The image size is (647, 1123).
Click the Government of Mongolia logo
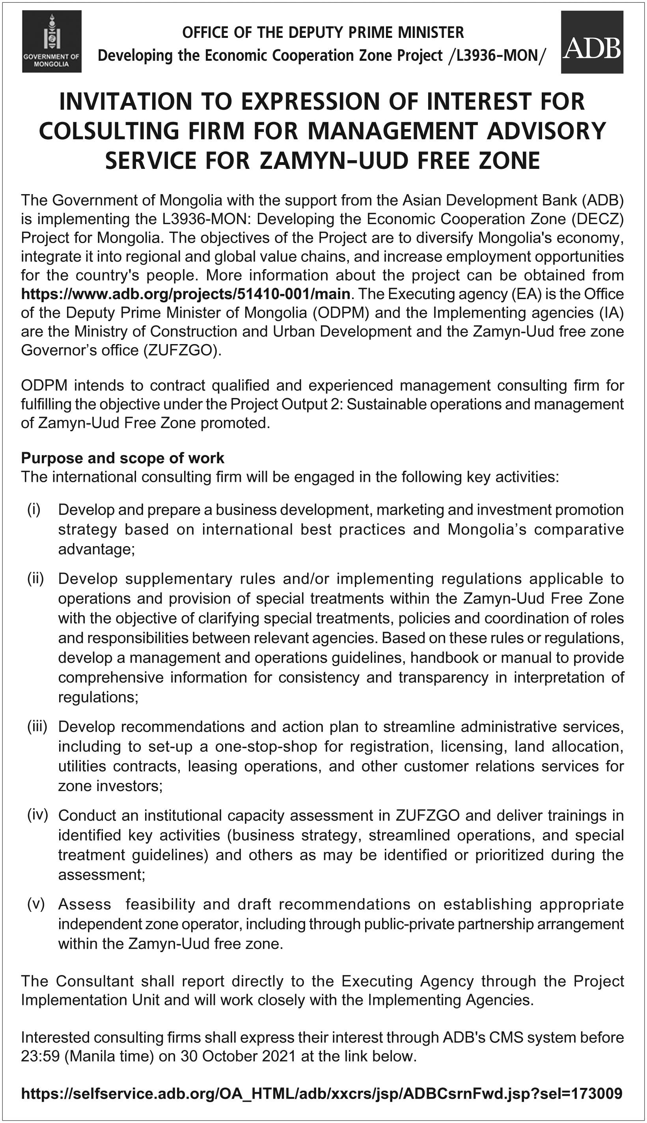click(52, 41)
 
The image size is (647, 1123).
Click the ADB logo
click(591, 42)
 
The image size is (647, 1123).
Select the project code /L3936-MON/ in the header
click(496, 56)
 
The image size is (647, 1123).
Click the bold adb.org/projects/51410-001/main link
click(185, 294)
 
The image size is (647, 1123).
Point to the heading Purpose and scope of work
click(123, 458)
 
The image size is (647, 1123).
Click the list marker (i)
click(34, 509)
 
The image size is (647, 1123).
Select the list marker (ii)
click(35, 579)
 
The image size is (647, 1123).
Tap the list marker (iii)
click(37, 726)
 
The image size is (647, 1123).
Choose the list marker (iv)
click(37, 815)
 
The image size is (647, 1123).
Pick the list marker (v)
click(35, 904)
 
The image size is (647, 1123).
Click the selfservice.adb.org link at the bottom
click(321, 1093)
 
